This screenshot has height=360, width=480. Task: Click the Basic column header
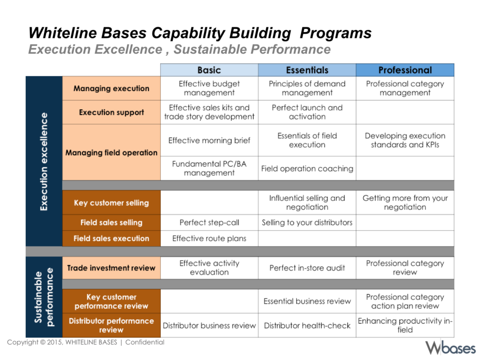(209, 70)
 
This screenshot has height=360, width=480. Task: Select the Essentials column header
(307, 70)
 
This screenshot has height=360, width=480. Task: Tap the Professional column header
(405, 70)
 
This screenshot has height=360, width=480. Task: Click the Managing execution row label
(112, 89)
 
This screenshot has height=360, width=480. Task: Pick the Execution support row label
(112, 112)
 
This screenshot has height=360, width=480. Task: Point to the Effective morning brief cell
(209, 140)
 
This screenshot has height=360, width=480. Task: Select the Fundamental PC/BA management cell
(209, 168)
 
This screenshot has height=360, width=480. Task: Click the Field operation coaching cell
(307, 168)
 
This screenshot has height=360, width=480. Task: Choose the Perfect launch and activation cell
(307, 112)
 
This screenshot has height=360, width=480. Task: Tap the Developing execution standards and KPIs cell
(405, 140)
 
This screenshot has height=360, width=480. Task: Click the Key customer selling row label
(112, 202)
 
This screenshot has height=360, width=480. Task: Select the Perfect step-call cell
(209, 223)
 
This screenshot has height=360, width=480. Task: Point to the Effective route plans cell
(209, 239)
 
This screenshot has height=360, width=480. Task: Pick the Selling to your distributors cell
(307, 223)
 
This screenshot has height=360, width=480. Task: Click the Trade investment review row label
(112, 268)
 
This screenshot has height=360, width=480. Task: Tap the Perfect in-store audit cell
(307, 268)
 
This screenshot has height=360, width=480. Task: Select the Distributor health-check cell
(307, 325)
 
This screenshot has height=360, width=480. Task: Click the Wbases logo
(450, 348)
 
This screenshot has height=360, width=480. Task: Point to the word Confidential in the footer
(145, 342)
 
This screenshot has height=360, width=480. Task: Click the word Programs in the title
(336, 33)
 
